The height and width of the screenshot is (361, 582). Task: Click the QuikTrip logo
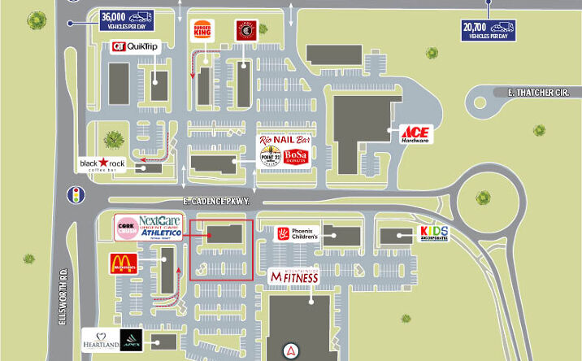coord(135,47)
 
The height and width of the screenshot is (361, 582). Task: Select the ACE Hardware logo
coord(414,134)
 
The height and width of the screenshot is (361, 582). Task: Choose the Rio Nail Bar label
coord(284,140)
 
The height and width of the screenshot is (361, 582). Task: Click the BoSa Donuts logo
coord(298,157)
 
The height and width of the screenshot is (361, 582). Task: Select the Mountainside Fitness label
coord(293,277)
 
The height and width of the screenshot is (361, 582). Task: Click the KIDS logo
coord(434,234)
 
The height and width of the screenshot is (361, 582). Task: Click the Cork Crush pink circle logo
coord(126,228)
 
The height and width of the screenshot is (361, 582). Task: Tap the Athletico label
coord(161,233)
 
